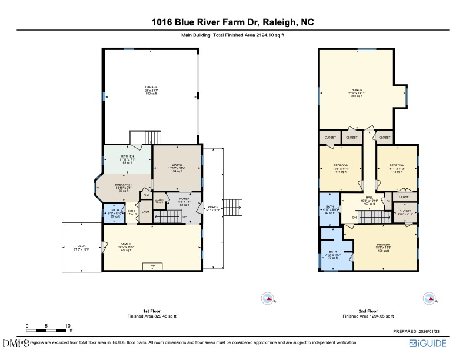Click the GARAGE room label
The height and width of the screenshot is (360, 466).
pos(151,87)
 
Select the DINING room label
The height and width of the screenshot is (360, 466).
pos(177,165)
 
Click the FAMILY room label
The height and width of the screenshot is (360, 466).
pos(126,244)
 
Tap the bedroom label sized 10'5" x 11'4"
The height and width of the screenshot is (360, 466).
pos(341,166)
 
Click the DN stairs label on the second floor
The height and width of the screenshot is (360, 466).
pos(354,218)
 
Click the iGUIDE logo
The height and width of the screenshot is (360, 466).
pos(431,342)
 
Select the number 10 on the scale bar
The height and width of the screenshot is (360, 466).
pos(68,325)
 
